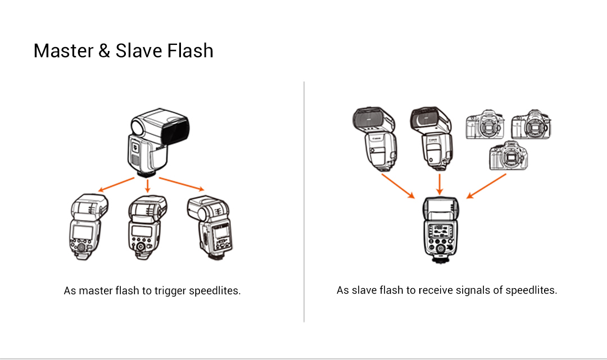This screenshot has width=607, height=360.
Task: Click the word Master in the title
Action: pos(64,51)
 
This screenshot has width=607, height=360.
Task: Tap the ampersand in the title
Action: pos(104,51)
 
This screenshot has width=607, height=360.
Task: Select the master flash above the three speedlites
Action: pos(158,142)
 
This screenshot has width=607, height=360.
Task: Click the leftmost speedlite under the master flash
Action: pos(89,227)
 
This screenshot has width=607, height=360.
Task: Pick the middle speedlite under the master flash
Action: pos(147,227)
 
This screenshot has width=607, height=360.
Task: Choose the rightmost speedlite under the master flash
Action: pos(210,228)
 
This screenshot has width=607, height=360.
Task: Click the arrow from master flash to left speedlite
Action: pos(116,184)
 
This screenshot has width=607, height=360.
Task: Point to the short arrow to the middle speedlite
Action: pos(147,185)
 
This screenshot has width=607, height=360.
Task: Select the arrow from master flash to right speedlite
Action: pos(182,184)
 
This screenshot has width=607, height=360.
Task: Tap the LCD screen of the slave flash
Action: pos(440,231)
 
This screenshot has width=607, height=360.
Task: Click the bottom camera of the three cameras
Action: pos(508,156)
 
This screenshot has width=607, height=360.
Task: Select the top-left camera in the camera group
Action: pos(484,124)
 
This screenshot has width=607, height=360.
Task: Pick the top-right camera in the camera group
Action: pos(531,124)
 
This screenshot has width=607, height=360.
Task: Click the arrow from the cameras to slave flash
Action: pos(486,186)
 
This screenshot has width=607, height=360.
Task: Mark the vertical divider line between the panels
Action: pos(304,202)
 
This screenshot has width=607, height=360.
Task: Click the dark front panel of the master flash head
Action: pos(175,130)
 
